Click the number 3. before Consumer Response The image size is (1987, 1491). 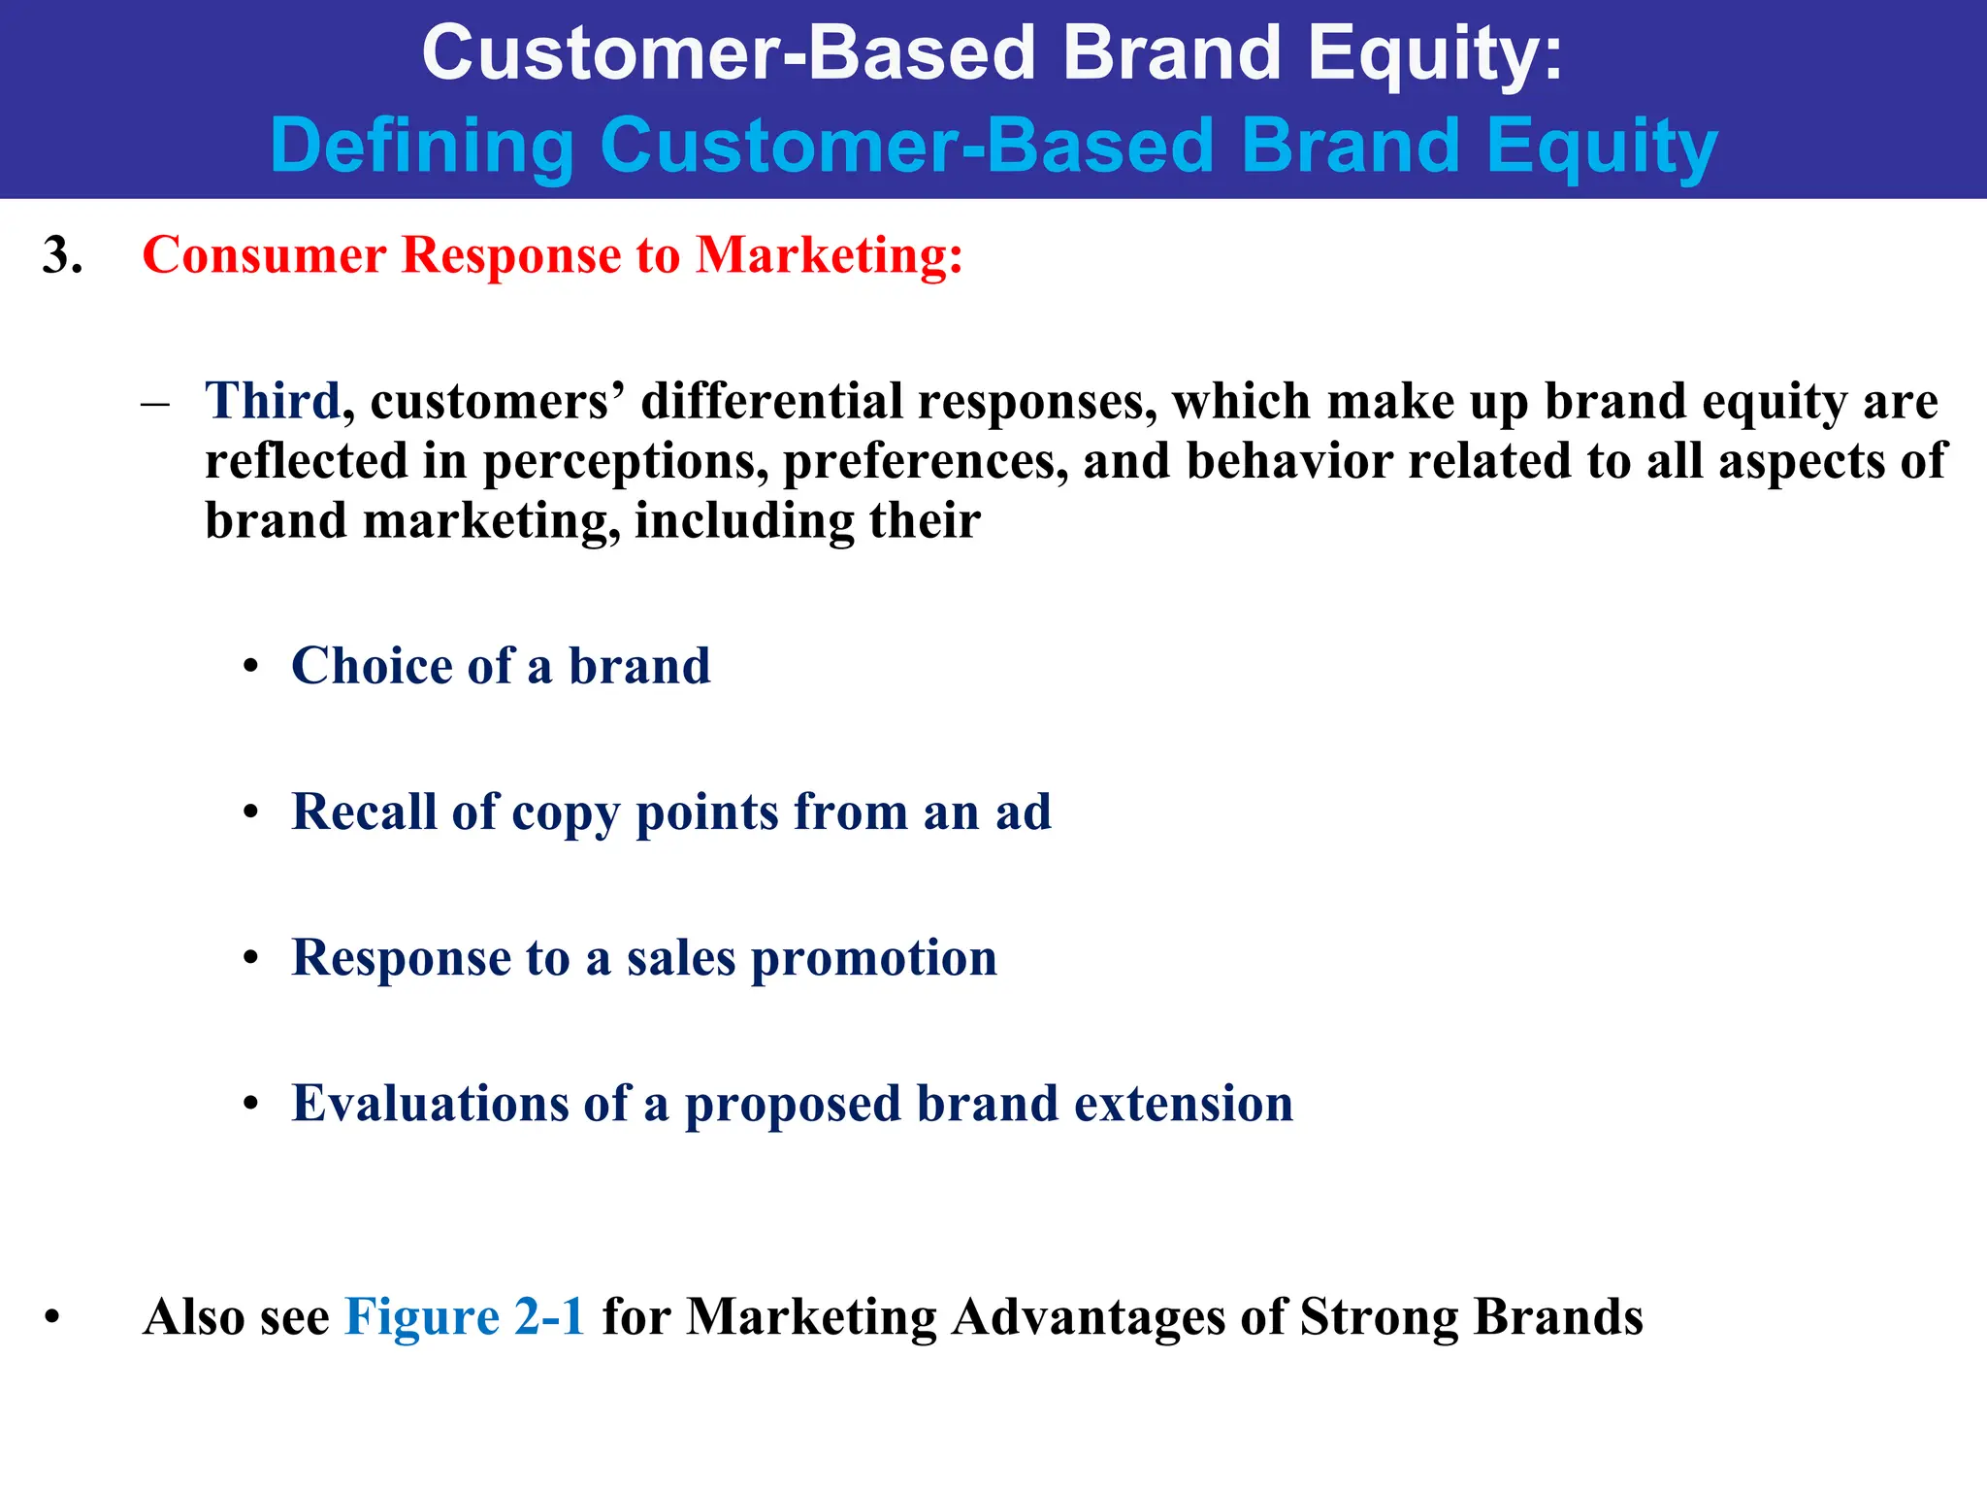(x=63, y=256)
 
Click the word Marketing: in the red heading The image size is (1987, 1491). (x=830, y=256)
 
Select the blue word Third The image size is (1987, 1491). (x=273, y=401)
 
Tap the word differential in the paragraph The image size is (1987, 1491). (x=771, y=401)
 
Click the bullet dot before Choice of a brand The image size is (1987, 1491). (x=251, y=668)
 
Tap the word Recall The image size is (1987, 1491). (x=364, y=812)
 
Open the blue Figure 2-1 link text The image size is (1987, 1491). (x=465, y=1317)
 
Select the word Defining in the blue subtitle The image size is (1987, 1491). (x=423, y=147)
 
